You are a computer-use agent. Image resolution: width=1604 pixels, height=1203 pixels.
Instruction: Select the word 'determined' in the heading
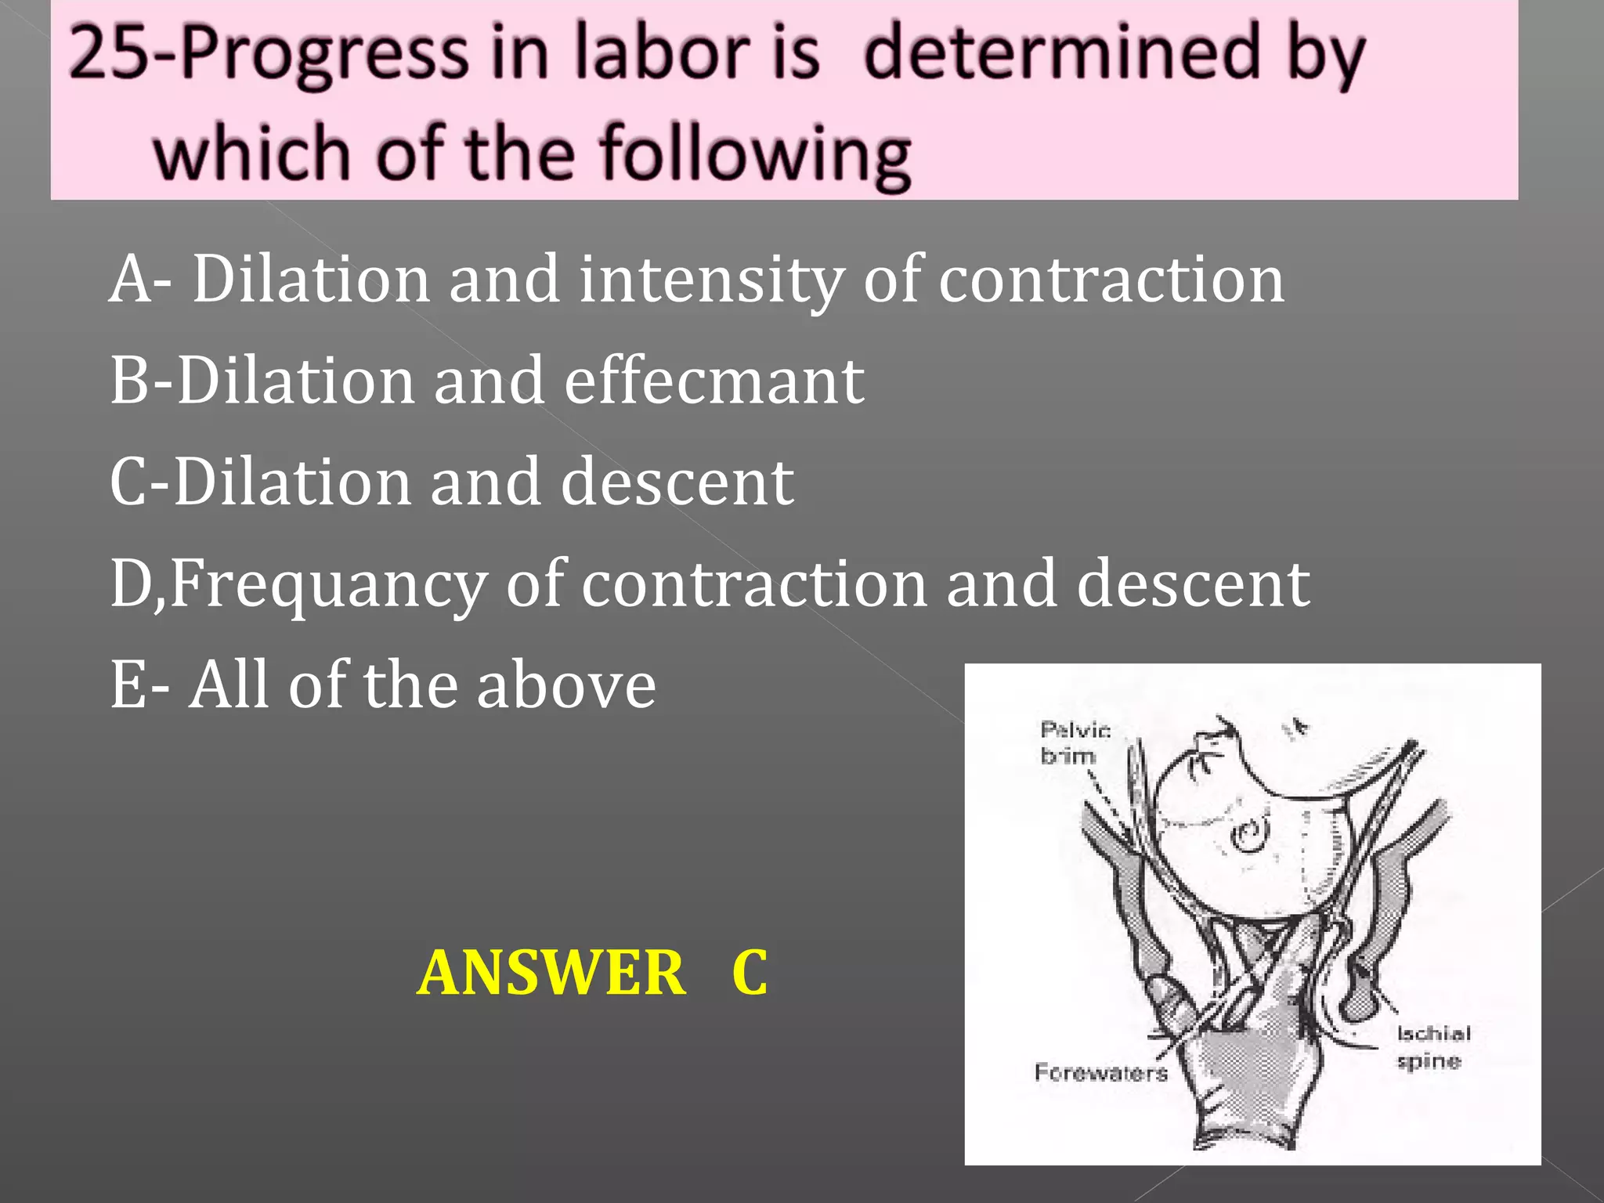pos(1063,53)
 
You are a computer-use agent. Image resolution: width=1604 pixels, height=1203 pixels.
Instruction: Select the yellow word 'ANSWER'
pos(551,973)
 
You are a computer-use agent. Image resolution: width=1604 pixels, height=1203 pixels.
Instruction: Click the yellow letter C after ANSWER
pos(750,973)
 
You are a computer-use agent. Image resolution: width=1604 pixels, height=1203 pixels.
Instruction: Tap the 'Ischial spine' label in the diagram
pos(1432,1047)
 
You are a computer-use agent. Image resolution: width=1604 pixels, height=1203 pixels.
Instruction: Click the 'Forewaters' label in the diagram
pos(1100,1072)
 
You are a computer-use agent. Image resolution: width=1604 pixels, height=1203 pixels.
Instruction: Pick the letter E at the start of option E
pos(128,685)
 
